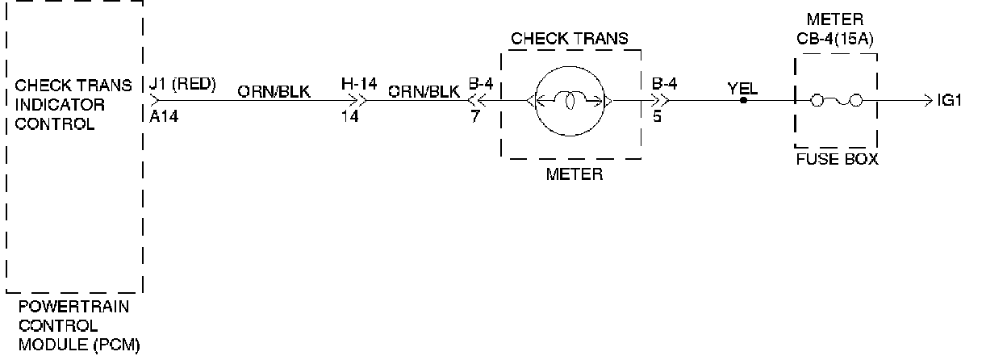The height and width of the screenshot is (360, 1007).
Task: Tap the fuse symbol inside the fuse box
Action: (836, 101)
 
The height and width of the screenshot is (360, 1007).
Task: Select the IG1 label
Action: (949, 101)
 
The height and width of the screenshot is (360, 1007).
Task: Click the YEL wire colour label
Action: (742, 88)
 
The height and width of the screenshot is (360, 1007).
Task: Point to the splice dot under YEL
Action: (743, 101)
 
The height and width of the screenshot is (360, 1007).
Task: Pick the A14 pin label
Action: (165, 116)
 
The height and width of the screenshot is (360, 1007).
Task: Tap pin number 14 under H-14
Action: (349, 116)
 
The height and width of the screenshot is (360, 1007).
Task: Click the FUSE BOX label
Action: (837, 159)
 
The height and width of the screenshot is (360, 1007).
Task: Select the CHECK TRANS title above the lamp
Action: (570, 39)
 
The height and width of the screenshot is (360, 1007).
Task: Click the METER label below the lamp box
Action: (574, 174)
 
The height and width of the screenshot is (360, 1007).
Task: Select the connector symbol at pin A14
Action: (153, 102)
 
